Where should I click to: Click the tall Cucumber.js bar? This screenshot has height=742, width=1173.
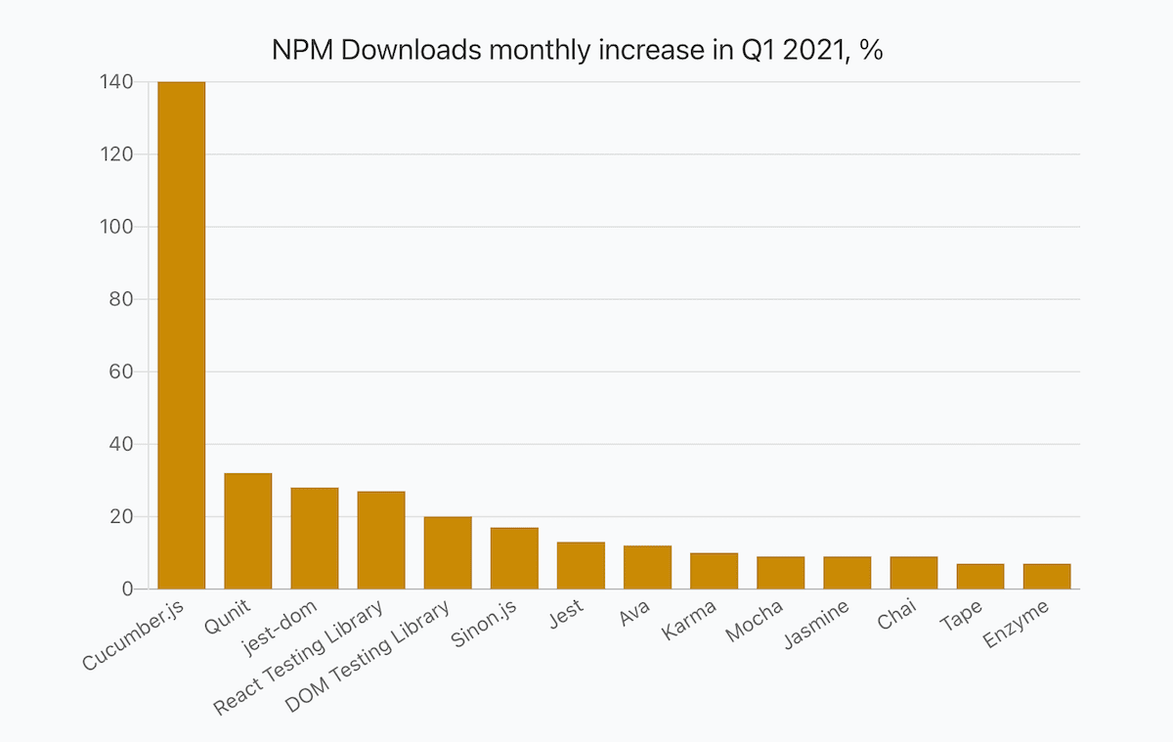coord(182,335)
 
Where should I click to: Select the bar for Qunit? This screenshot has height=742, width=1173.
coord(248,532)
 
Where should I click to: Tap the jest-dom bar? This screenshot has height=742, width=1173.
coord(315,539)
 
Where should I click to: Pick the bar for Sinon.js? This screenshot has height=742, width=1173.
coord(514,558)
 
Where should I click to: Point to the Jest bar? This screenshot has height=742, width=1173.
coord(581,566)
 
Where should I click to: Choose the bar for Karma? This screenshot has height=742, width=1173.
coord(714,571)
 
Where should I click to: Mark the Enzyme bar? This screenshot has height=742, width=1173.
coord(1047,577)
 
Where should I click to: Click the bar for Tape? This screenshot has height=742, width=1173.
coord(980,577)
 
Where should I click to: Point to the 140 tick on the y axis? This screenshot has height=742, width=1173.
coord(116,82)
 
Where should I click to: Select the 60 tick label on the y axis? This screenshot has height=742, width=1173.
coord(121,371)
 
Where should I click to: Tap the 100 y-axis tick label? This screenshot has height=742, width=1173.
coord(116,227)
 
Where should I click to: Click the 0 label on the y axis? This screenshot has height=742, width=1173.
coord(127,589)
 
